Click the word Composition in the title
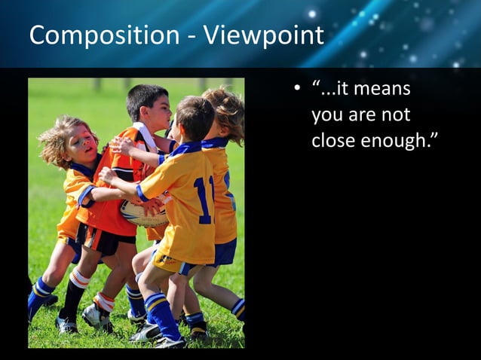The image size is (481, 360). (94, 36)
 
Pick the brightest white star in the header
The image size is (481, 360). (311, 14)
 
